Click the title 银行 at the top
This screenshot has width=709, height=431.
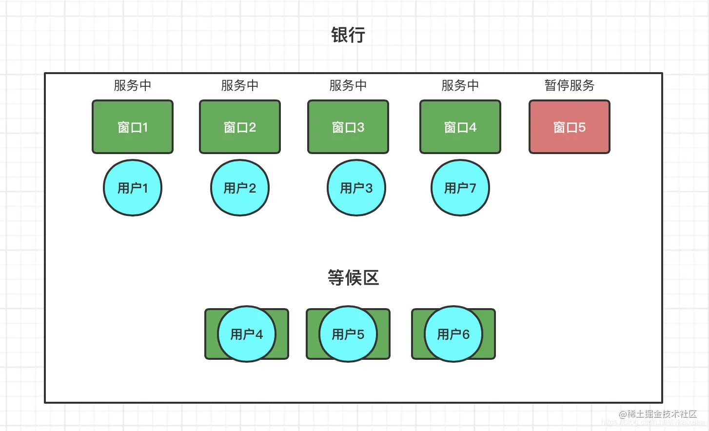point(348,35)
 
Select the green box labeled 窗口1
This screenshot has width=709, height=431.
point(133,127)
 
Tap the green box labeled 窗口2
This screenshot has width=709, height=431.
point(240,127)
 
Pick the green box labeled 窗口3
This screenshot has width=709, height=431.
point(348,127)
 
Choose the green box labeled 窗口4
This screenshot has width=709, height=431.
point(460,127)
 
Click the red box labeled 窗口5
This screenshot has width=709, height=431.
point(570,127)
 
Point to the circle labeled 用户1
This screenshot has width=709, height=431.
point(133,188)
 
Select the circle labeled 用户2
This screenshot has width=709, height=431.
point(240,188)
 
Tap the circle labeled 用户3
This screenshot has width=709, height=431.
point(356,188)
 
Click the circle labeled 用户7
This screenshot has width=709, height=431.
point(460,188)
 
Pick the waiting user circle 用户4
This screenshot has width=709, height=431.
point(247,334)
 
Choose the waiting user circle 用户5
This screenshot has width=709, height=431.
point(348,334)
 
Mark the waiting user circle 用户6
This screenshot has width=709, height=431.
point(453,334)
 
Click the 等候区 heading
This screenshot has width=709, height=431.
point(354,278)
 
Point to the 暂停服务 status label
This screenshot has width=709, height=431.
point(570,85)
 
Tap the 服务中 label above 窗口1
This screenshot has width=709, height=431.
point(133,85)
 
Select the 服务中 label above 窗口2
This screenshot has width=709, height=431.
point(240,85)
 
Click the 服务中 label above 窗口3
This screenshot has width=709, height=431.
point(348,85)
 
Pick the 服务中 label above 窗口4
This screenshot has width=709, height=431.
point(460,85)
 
